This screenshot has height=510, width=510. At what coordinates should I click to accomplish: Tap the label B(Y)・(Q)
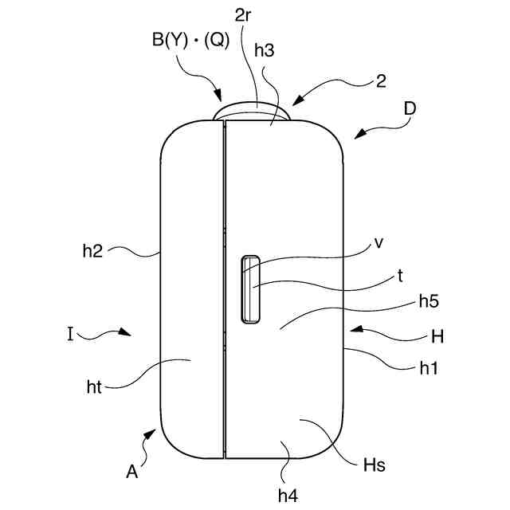point(190,41)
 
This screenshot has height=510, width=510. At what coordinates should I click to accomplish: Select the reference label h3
point(265,49)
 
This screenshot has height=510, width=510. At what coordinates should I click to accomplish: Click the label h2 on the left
point(93,250)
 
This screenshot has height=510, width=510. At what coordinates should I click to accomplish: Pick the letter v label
point(379,244)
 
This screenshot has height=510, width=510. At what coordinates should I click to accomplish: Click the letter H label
point(437,336)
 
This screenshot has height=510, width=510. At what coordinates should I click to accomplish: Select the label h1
point(430,368)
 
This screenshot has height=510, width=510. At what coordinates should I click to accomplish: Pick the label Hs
point(375,465)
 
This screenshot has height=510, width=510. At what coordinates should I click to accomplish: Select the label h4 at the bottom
point(288,494)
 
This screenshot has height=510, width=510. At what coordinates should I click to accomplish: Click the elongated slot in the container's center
point(250,289)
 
